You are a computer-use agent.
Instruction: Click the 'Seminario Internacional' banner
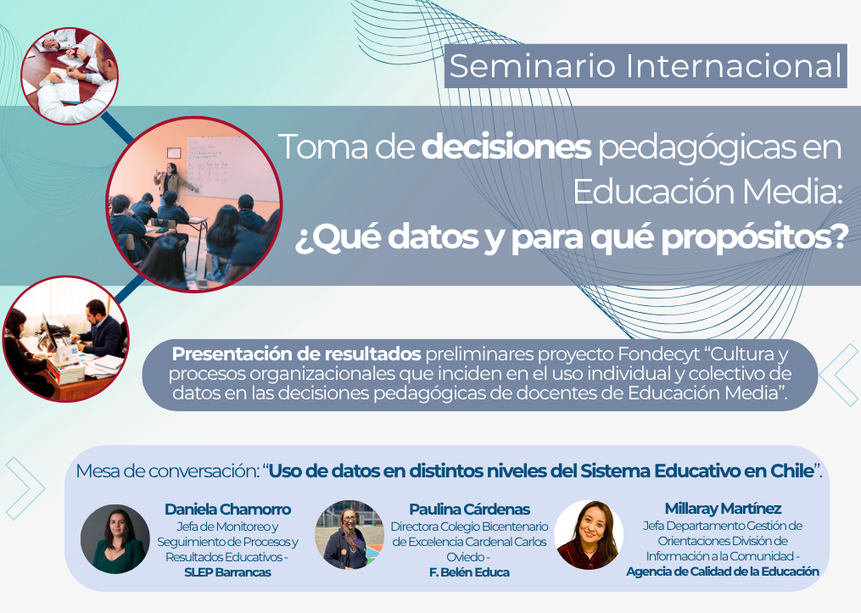[x=646, y=66]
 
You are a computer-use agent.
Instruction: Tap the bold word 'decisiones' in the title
[x=506, y=147]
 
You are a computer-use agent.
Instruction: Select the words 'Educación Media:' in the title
[x=707, y=192]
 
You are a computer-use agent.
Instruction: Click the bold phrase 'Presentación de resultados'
[x=297, y=354]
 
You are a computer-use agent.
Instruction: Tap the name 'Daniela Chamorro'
[x=228, y=510]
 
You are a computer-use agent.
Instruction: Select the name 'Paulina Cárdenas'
[x=469, y=510]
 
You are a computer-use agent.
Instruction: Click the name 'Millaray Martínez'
[x=724, y=508]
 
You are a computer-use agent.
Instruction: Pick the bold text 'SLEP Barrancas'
[x=228, y=572]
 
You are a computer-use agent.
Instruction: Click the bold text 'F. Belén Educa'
[x=469, y=572]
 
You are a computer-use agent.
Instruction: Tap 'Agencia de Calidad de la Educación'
[x=723, y=571]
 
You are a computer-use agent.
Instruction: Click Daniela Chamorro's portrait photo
[x=115, y=539]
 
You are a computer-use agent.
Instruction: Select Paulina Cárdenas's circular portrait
[x=349, y=534]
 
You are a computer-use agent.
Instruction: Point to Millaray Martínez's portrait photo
[x=589, y=534]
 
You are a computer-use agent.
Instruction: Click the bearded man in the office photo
[x=100, y=328]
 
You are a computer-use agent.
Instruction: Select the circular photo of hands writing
[x=70, y=75]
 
